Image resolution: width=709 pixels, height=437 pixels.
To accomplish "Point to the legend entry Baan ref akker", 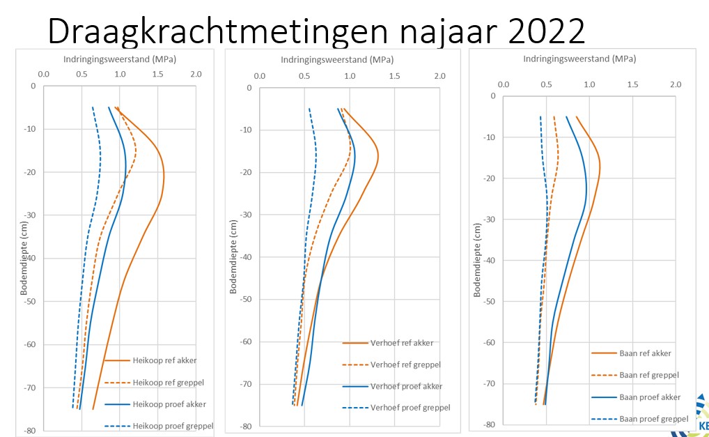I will pos(645,353).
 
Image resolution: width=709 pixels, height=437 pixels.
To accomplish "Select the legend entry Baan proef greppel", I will pos(653,419).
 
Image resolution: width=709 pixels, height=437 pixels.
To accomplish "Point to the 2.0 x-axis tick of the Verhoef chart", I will pos(439,76).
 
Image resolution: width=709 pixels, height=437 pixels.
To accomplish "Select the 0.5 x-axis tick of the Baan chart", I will pos(547,84).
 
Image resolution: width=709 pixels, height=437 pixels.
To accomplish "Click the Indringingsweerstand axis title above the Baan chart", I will pos(589,59).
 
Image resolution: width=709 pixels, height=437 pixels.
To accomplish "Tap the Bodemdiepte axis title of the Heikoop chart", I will pos(23,259).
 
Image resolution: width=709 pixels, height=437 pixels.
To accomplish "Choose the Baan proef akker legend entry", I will pos(649,397).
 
